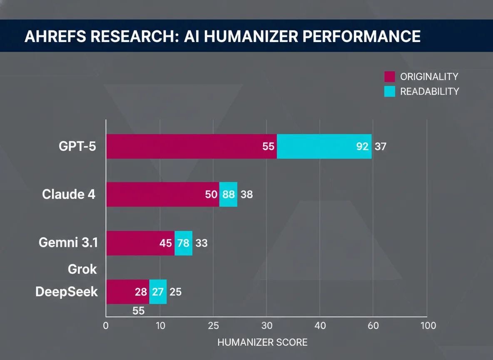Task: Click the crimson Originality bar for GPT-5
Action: point(183,147)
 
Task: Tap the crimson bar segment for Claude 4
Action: point(158,194)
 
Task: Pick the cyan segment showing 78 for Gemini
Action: point(184,243)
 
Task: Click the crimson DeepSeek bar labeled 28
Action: point(125,292)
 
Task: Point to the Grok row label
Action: point(82,269)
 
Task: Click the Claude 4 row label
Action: point(69,194)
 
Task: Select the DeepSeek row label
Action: point(67,291)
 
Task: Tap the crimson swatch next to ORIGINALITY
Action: point(389,77)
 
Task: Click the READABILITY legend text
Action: point(429,92)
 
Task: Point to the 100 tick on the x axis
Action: point(427,325)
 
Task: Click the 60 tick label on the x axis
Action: point(373,325)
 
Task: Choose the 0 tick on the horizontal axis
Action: point(106,325)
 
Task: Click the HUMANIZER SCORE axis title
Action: point(262,342)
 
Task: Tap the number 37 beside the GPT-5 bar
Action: point(381,147)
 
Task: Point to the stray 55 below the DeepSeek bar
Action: point(138,310)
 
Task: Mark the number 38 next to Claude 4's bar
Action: point(246,194)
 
